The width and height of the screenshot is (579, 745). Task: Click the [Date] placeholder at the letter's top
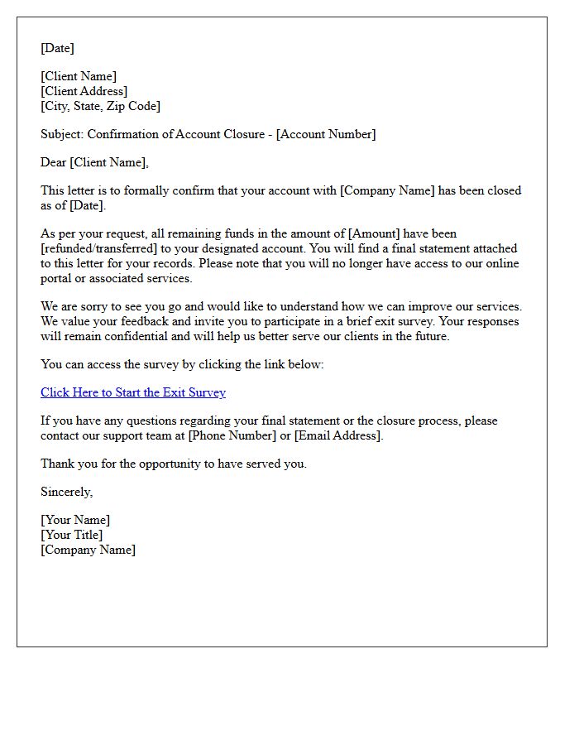click(57, 48)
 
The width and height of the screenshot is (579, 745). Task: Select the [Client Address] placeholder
click(84, 91)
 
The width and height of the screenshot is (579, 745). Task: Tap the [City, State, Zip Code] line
click(100, 106)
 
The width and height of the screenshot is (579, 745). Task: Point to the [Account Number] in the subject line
click(326, 134)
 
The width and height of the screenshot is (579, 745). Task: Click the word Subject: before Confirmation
click(62, 134)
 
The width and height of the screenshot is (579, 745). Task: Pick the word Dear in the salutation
click(54, 162)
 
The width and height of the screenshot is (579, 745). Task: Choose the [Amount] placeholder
click(377, 233)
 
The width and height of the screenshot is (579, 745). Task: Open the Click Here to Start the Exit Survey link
click(133, 392)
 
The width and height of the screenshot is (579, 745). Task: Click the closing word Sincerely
click(66, 492)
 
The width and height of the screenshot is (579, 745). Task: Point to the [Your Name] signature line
click(75, 520)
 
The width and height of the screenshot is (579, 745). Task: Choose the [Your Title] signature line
click(72, 535)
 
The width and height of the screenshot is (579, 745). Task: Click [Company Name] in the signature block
click(88, 550)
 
